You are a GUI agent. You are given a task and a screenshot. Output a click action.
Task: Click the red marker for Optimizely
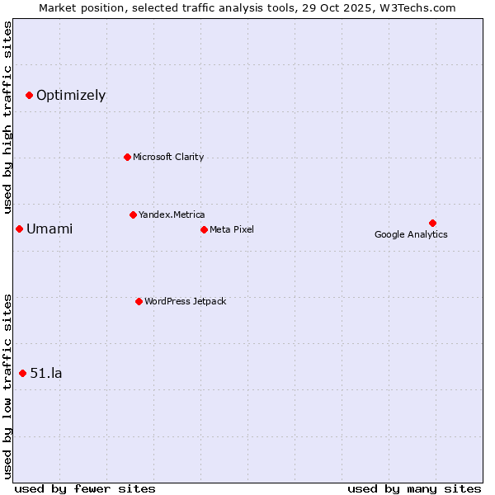[x=29, y=95]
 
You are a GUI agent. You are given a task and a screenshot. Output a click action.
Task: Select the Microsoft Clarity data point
[x=127, y=157]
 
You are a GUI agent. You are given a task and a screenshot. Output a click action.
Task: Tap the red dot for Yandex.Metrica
[x=133, y=214]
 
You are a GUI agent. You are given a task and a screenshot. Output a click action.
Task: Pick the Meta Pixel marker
[x=204, y=229]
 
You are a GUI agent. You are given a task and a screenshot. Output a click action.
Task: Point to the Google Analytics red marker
[x=432, y=223]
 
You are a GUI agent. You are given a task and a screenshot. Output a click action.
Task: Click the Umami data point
[x=19, y=229]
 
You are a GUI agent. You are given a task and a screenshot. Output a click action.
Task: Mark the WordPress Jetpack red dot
[x=139, y=301]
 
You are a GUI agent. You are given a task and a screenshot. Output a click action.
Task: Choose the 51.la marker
[x=22, y=373]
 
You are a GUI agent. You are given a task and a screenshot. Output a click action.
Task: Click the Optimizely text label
[x=71, y=95]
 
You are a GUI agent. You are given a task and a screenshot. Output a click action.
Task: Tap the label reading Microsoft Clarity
[x=168, y=157]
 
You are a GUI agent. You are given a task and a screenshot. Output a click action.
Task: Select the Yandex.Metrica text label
[x=172, y=214]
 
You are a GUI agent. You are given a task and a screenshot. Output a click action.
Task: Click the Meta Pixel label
[x=232, y=229]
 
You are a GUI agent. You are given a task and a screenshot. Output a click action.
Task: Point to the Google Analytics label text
[x=411, y=234]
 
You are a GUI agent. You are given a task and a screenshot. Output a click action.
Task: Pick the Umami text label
[x=49, y=229]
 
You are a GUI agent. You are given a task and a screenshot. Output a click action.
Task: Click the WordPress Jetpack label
[x=185, y=301]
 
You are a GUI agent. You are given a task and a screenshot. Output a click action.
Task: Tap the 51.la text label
[x=46, y=373]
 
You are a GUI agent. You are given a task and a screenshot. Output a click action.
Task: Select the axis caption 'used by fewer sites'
[x=85, y=488]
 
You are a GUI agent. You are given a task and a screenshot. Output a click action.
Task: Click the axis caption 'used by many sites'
[x=414, y=488]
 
